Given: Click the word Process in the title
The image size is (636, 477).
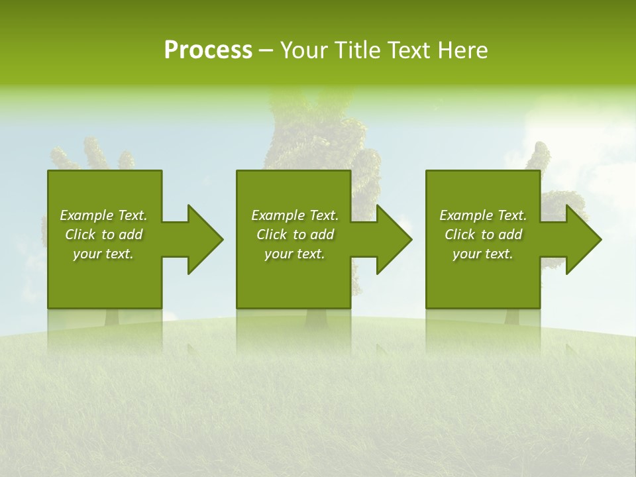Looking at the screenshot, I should (x=208, y=50).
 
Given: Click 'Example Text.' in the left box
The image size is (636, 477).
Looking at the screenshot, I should (x=103, y=215).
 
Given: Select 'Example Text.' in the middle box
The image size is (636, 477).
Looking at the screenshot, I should (x=295, y=215).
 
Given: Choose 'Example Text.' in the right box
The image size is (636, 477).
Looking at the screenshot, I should (x=483, y=215).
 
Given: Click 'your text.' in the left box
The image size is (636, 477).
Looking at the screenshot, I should (x=103, y=254).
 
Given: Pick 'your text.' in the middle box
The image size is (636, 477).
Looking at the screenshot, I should (x=295, y=254).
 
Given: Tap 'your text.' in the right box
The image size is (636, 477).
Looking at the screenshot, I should (x=483, y=254).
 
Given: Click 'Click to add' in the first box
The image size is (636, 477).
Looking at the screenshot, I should (x=103, y=235).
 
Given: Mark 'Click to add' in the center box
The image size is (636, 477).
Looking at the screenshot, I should (x=295, y=235).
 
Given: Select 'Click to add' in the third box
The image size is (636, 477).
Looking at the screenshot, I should (x=483, y=235).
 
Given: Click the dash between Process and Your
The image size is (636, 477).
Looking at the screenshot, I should (x=266, y=51).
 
